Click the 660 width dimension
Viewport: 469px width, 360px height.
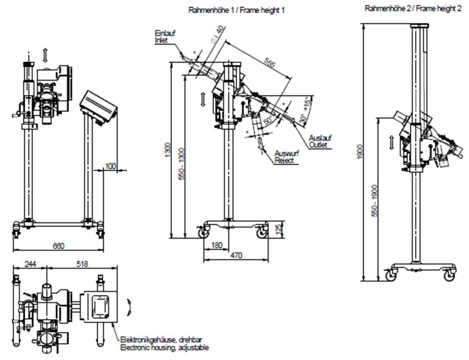(x=58, y=246)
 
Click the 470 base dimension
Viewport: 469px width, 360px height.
(x=237, y=256)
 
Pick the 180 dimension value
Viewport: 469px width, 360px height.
(x=216, y=246)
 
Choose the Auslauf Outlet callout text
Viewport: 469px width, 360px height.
(x=317, y=141)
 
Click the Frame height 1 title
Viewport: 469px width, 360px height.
(x=237, y=10)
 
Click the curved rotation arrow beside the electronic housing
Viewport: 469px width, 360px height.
(x=129, y=306)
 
